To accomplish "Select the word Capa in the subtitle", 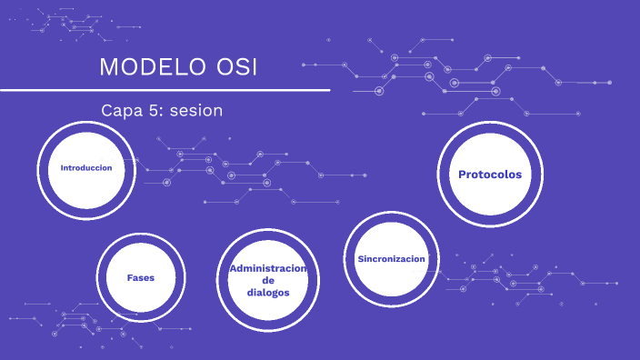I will point(121,110).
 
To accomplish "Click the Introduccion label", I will point(86,168).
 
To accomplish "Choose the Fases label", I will point(140,277).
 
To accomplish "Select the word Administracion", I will point(268,269).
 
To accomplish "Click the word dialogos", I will point(268,293).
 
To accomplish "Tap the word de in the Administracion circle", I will point(268,281).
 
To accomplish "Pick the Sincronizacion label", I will point(391,259).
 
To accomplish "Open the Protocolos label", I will point(490,174).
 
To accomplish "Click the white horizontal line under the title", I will point(164,91).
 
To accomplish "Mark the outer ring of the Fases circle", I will point(140,235).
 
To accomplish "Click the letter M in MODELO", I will point(108,67).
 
